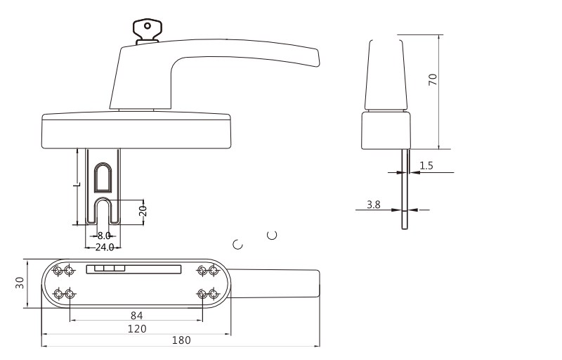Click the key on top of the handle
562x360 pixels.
click(147, 31)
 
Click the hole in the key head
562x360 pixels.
click(148, 26)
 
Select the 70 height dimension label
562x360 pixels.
click(433, 79)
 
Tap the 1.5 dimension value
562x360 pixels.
click(426, 165)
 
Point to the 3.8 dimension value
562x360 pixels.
click(374, 205)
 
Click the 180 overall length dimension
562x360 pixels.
click(181, 340)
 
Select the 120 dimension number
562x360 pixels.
click(137, 328)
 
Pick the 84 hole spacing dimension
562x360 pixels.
click(136, 316)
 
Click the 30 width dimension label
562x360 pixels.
click(20, 283)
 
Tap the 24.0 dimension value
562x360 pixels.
click(104, 247)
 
